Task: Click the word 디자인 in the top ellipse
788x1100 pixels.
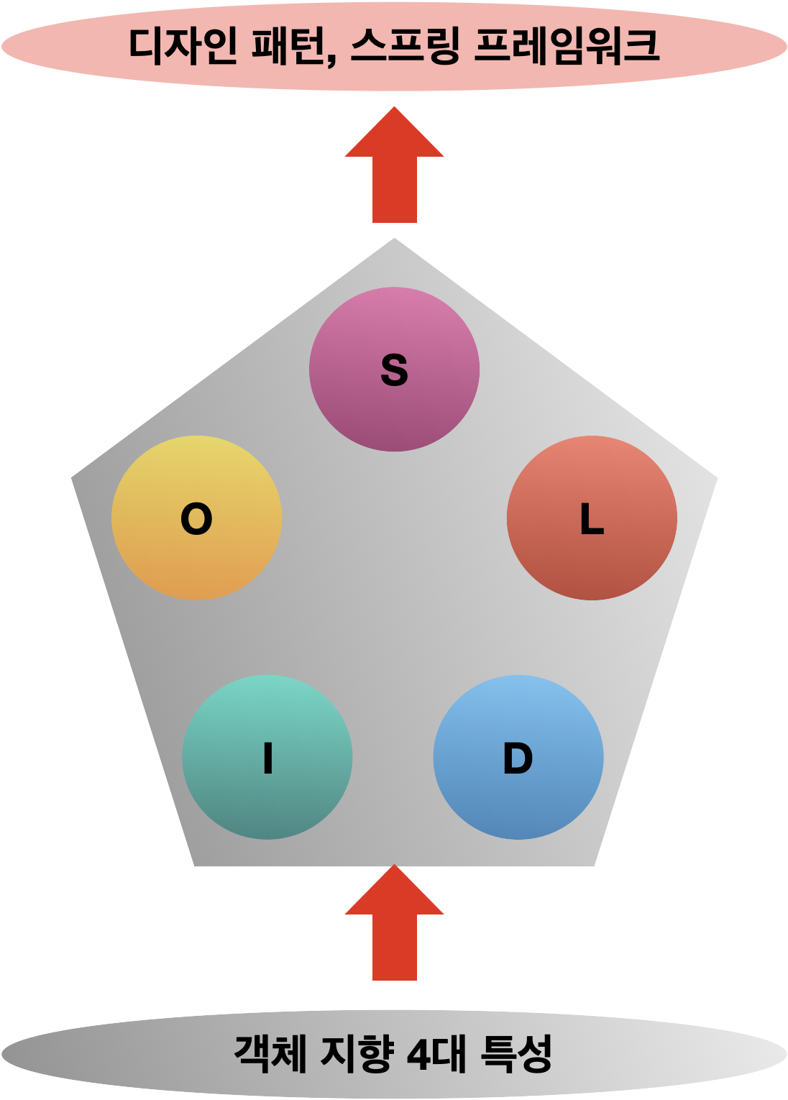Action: [182, 46]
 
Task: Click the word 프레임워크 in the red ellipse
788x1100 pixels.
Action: [567, 46]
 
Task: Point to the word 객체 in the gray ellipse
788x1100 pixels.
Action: [270, 1054]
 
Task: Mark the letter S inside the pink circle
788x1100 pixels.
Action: [394, 371]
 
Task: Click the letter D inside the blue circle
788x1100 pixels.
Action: [518, 758]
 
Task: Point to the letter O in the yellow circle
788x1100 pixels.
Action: [196, 518]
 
